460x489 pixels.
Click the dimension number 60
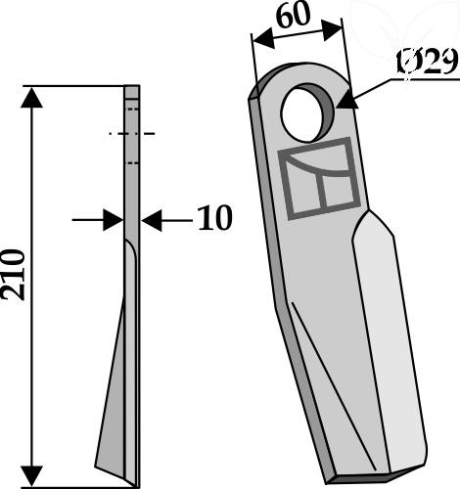(x=293, y=16)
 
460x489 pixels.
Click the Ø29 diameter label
(x=427, y=62)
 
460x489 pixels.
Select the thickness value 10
(x=215, y=218)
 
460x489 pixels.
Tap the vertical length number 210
(x=13, y=274)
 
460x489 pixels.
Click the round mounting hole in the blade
(x=307, y=112)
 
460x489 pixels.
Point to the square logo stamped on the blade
(x=319, y=178)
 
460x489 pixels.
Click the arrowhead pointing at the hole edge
(x=347, y=100)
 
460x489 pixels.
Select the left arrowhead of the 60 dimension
(x=264, y=38)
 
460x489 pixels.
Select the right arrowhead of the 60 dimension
(x=333, y=30)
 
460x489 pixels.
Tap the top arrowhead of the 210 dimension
(x=31, y=97)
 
